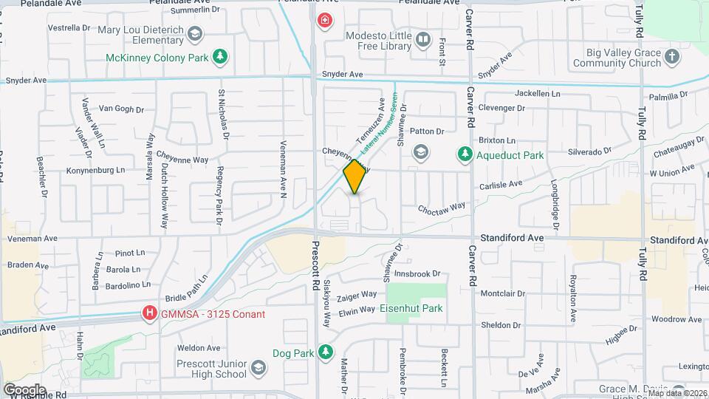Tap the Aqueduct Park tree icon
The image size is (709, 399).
tap(465, 154)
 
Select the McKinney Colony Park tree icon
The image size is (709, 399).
tap(219, 57)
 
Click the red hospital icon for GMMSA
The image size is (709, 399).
tap(151, 314)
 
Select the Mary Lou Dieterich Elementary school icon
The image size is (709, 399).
tap(195, 33)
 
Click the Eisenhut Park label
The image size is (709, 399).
tap(411, 308)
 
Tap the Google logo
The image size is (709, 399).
tap(24, 389)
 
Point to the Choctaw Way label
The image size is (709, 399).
tap(441, 208)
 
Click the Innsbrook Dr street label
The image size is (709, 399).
tap(417, 273)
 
